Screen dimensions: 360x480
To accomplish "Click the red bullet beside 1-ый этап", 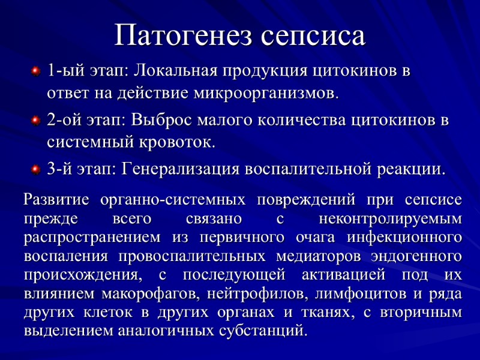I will [35, 72].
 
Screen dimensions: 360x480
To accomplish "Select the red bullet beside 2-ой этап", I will [35, 121].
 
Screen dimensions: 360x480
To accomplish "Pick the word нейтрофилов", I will [253, 293].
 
